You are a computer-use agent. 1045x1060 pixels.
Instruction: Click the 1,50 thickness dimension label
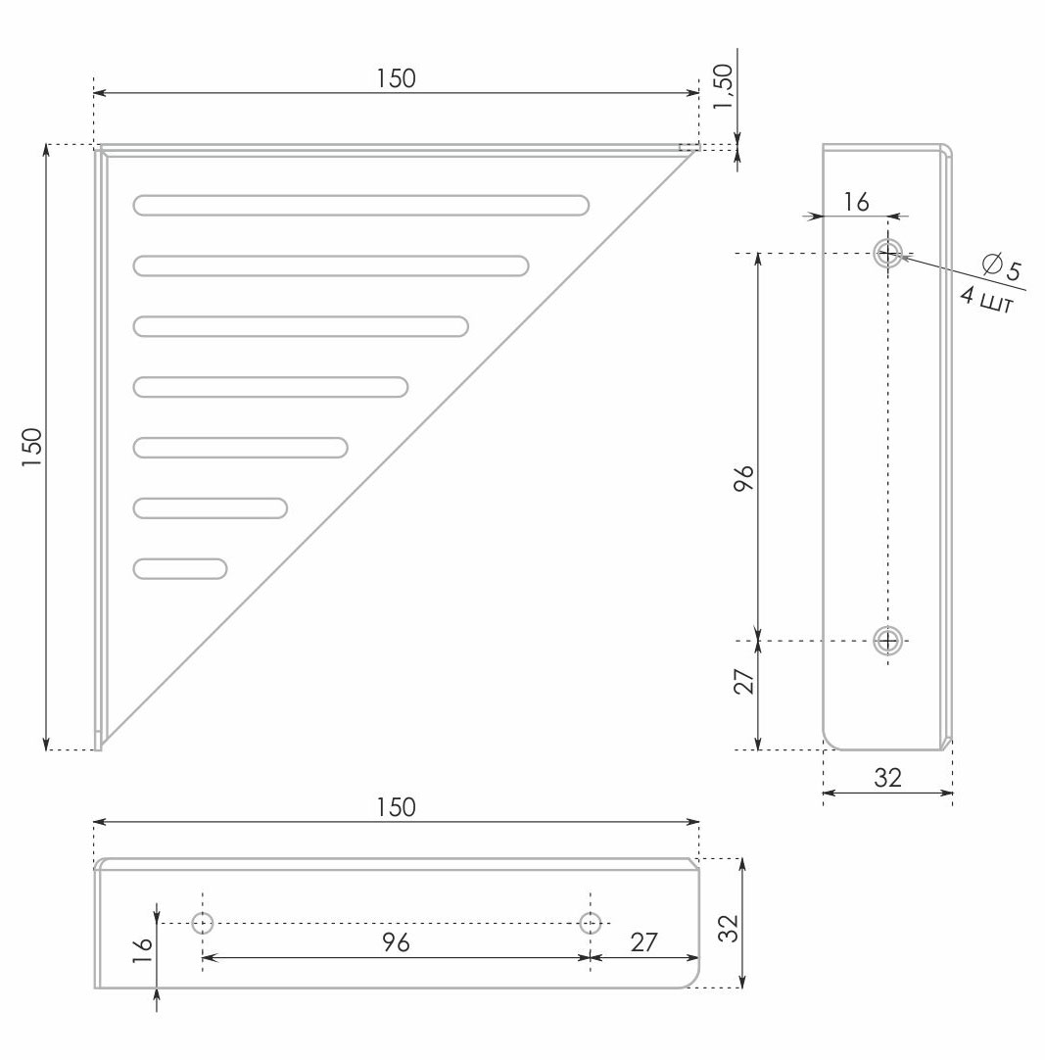723,88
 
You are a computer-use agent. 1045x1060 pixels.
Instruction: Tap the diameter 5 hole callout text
1003,266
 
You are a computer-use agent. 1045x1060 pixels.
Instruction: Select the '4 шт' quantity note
987,300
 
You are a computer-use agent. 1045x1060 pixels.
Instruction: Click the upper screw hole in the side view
887,254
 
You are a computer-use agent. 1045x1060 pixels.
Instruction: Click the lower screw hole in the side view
887,640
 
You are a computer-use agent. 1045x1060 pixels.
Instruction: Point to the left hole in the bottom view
203,922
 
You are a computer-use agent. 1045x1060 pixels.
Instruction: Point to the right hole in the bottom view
591,922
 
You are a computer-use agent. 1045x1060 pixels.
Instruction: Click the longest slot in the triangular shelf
361,205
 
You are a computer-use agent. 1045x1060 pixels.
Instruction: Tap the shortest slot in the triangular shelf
180,568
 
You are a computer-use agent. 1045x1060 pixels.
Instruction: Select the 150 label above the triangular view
396,78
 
